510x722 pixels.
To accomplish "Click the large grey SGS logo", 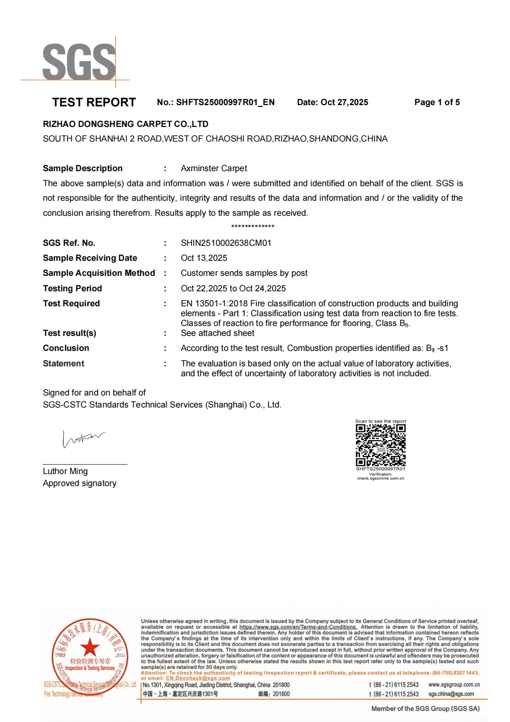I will (79, 62).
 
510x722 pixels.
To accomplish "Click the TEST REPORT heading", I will (94, 102).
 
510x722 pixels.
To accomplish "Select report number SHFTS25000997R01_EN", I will (225, 102).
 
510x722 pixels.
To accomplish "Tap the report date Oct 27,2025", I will (344, 102).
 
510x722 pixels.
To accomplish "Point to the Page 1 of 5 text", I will (437, 102).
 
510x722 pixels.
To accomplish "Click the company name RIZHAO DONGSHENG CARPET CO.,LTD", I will (126, 124).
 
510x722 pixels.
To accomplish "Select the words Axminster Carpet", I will (214, 168).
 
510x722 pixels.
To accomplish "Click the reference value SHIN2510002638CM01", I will (226, 243).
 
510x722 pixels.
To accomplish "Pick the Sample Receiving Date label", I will (90, 258).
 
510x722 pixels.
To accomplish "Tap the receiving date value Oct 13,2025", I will (204, 258).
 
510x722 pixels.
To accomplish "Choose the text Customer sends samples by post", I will (244, 273).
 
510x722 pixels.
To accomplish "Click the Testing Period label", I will (72, 288).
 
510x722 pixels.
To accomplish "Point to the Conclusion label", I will (66, 348).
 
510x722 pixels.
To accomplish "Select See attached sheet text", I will (217, 333).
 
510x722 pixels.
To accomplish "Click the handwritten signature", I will (83, 439).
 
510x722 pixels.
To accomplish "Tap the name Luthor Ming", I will (65, 471).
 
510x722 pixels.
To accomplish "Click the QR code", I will (381, 445).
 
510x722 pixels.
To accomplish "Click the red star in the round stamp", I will (90, 646).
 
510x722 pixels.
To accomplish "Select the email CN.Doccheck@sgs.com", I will (198, 678).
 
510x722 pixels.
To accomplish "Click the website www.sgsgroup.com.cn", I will (454, 685).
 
